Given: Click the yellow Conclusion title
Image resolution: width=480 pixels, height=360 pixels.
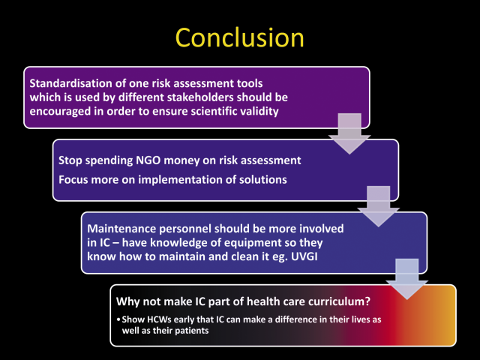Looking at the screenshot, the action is [x=240, y=37].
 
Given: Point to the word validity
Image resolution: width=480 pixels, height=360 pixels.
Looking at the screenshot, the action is [x=259, y=111].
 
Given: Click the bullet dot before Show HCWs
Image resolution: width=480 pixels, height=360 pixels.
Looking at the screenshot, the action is [x=118, y=320].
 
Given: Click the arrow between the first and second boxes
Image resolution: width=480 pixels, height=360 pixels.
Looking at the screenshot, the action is [x=349, y=133].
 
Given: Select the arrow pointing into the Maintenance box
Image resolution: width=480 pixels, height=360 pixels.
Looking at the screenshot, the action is [x=378, y=206].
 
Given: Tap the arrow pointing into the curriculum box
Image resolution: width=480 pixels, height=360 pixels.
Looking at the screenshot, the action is [x=407, y=279].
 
